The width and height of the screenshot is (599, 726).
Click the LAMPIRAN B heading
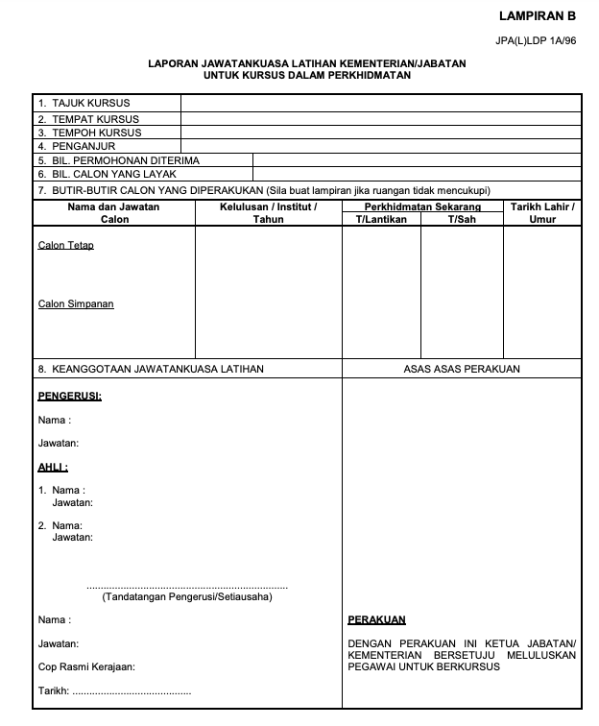coord(538,16)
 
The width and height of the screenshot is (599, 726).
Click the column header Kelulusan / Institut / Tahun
coord(268,212)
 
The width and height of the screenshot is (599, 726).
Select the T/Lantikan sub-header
coord(381,219)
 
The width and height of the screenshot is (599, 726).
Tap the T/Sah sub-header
coord(462,219)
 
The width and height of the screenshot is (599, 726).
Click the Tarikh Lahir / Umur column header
coord(542,212)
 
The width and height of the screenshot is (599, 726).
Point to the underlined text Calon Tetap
coord(66,245)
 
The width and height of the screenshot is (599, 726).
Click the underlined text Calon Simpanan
coord(76,304)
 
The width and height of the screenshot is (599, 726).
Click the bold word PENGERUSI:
coord(70,396)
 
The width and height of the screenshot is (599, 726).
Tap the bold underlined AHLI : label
coord(53,468)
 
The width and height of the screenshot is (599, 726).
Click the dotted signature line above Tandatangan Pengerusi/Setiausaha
coord(187,586)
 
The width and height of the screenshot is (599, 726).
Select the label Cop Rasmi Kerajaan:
coord(86,666)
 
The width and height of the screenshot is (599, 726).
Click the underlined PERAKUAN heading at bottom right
coord(376,620)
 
